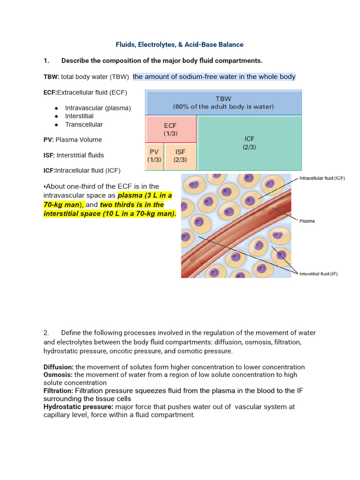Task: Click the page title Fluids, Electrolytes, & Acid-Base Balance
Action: click(180, 45)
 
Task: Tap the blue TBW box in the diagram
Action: click(224, 103)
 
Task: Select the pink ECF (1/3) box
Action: click(170, 129)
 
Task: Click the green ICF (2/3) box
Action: click(249, 142)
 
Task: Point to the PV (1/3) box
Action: click(154, 156)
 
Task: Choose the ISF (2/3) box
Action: click(180, 156)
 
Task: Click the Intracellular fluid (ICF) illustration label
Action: click(322, 179)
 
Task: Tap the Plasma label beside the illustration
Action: click(307, 221)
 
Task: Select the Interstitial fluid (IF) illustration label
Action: click(318, 274)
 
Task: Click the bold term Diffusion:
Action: click(59, 367)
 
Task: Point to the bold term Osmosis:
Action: click(58, 375)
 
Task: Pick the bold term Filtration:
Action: click(59, 390)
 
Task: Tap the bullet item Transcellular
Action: click(84, 125)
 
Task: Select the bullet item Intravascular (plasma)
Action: click(98, 108)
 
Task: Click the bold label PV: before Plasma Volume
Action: click(49, 140)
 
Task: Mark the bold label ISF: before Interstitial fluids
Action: click(49, 155)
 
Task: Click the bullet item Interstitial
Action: click(79, 116)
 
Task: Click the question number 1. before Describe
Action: click(46, 61)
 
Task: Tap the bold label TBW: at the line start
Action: click(50, 77)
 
